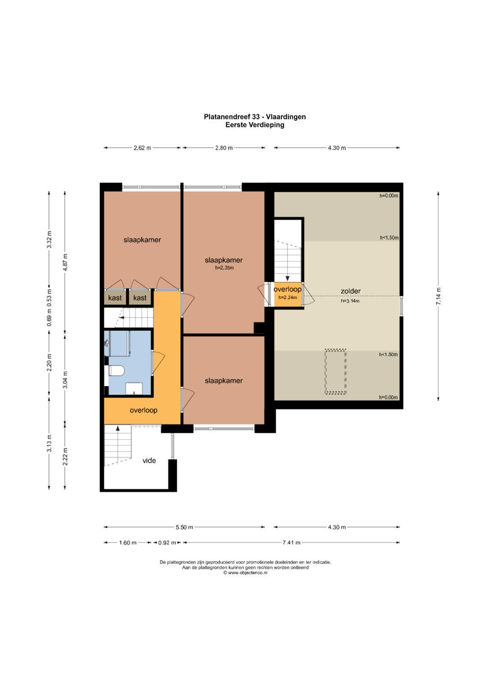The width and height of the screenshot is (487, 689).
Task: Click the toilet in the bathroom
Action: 116,370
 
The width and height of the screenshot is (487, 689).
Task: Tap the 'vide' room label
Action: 149,460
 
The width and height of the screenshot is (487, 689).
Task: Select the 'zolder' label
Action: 350,291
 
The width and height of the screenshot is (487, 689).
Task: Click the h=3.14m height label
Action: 350,301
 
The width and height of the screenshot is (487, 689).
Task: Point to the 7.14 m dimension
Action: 438,296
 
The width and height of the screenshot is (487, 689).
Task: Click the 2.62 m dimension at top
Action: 142,148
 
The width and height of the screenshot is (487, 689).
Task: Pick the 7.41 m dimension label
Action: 291,542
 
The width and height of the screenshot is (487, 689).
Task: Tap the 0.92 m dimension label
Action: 167,542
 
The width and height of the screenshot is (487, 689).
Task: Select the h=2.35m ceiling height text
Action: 224,268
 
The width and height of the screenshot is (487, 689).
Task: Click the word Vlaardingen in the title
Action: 286,116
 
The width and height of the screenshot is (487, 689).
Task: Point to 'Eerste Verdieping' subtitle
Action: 255,125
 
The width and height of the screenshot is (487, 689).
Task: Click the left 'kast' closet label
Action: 115,298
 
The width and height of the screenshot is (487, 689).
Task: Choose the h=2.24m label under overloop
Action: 288,297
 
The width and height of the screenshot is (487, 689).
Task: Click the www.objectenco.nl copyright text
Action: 245,573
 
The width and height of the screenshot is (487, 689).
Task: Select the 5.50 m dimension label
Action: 184,527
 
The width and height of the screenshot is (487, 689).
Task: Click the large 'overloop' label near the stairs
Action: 143,410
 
